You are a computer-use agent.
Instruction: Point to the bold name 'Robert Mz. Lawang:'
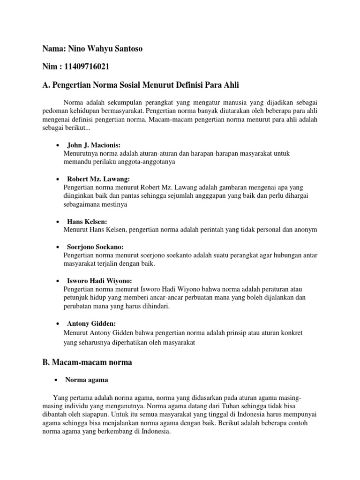(98, 179)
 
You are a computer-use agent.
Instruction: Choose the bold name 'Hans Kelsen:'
(87, 221)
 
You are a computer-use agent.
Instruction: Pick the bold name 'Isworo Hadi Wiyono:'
(99, 281)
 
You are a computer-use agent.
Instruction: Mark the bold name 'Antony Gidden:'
(91, 323)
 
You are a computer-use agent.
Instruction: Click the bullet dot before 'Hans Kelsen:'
(57, 221)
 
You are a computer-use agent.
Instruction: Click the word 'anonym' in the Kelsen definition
(306, 230)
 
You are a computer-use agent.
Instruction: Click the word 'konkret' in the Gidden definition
(292, 332)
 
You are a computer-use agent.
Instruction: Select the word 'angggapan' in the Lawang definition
(206, 196)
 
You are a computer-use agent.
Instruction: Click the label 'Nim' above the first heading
(49, 66)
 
